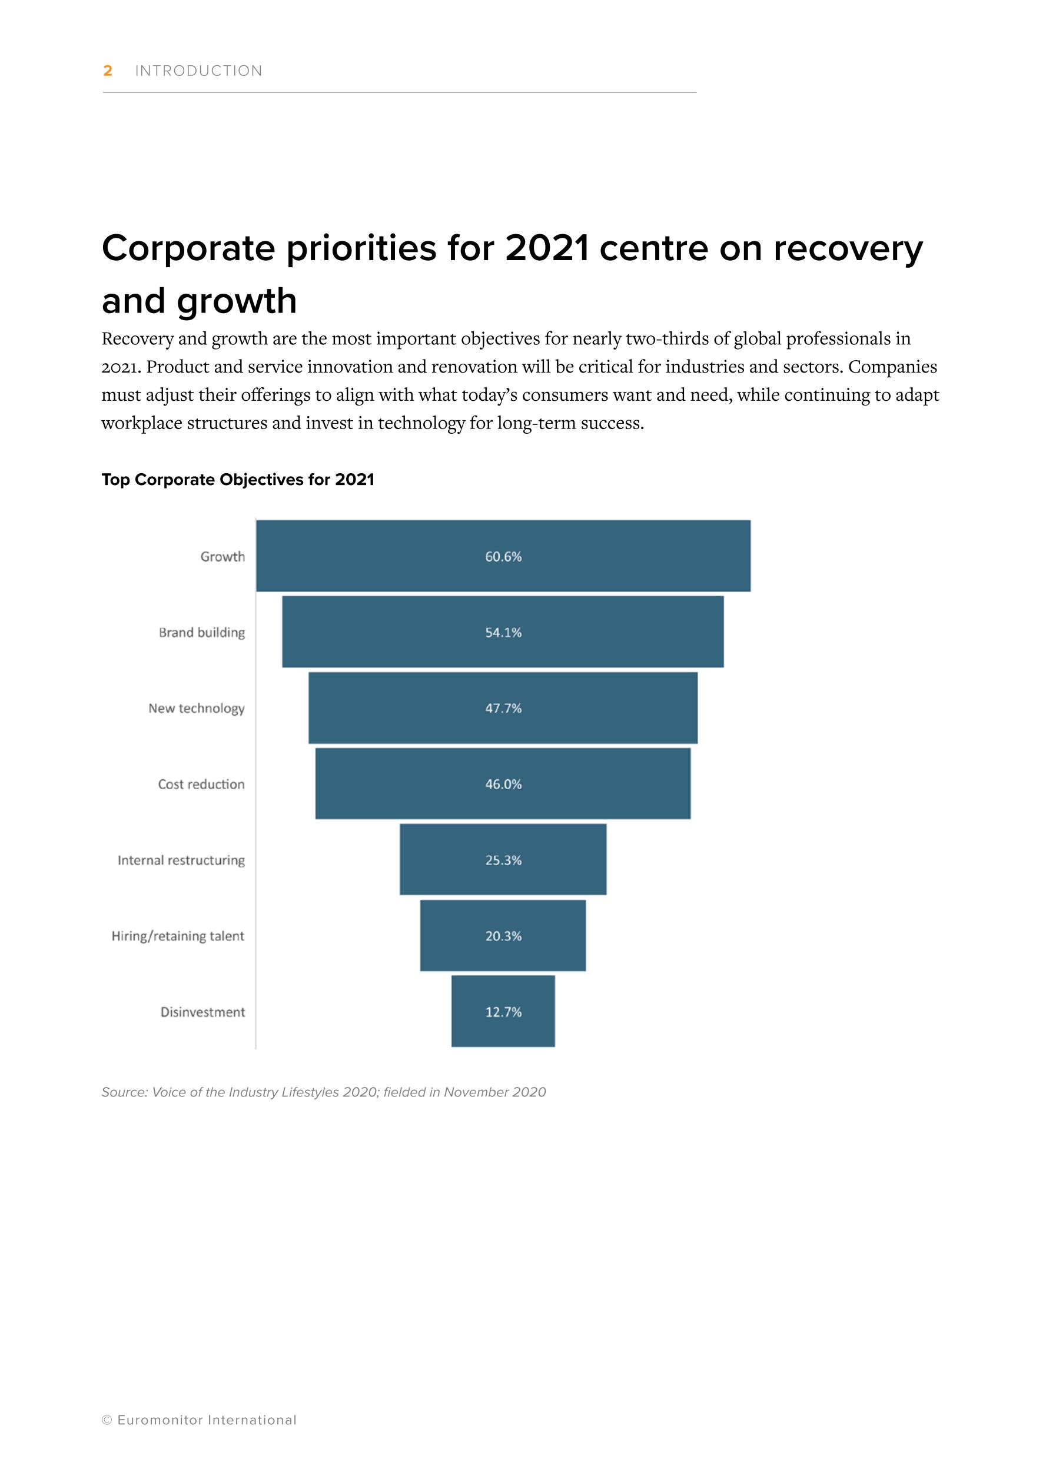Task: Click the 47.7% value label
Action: [x=503, y=708]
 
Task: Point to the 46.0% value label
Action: [x=503, y=784]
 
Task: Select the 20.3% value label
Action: [x=503, y=936]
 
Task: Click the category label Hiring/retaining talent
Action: [x=178, y=936]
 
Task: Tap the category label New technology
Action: [x=197, y=708]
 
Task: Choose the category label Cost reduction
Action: [x=201, y=784]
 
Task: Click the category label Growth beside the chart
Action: [x=223, y=557]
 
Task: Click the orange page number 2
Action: [x=108, y=71]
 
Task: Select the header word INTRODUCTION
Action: [x=198, y=71]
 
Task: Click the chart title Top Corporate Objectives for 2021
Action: [x=238, y=479]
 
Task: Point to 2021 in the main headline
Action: [x=547, y=248]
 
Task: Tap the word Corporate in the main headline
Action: [x=188, y=248]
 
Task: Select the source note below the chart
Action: [x=323, y=1092]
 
